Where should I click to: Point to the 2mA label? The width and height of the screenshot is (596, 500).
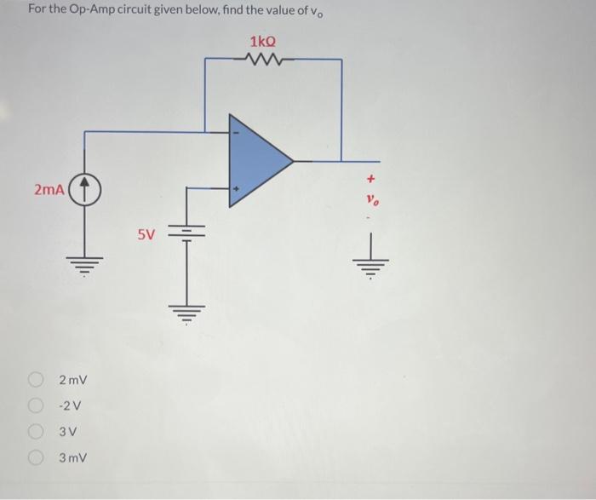(49, 189)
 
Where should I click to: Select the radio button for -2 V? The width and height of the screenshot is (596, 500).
(37, 405)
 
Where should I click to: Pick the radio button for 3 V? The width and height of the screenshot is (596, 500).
(37, 431)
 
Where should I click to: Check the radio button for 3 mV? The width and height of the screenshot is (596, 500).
(37, 458)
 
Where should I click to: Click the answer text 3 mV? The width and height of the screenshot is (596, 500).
(73, 458)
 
